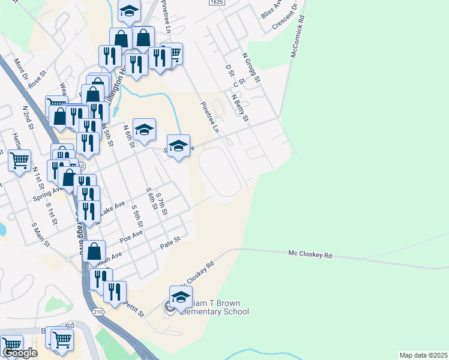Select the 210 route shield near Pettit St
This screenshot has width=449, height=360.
(x=98, y=311)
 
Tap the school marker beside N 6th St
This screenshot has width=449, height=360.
(x=144, y=129)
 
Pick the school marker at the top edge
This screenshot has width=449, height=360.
(x=129, y=11)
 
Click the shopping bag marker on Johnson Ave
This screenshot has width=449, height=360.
(x=94, y=251)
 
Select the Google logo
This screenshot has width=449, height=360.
(x=20, y=353)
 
